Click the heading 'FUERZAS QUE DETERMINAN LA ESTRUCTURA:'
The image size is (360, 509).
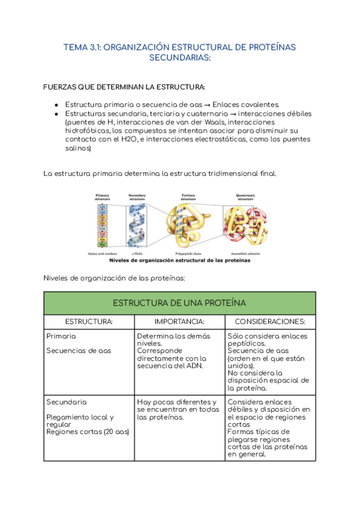[x=124, y=86]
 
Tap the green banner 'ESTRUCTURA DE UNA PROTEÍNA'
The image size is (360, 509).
[x=179, y=303]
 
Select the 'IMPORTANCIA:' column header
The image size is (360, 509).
[x=179, y=322]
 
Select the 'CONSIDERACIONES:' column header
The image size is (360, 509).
[x=270, y=322]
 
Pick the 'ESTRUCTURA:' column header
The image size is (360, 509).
[x=89, y=322]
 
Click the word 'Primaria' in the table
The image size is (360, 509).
[x=61, y=336]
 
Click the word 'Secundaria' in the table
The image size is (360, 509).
[x=66, y=402]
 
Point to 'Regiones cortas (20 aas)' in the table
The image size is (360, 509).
[x=88, y=432]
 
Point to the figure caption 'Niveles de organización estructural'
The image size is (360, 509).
[x=179, y=261]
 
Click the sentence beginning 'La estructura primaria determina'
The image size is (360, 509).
[x=160, y=173]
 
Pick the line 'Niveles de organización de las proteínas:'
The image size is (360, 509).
[x=114, y=278]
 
